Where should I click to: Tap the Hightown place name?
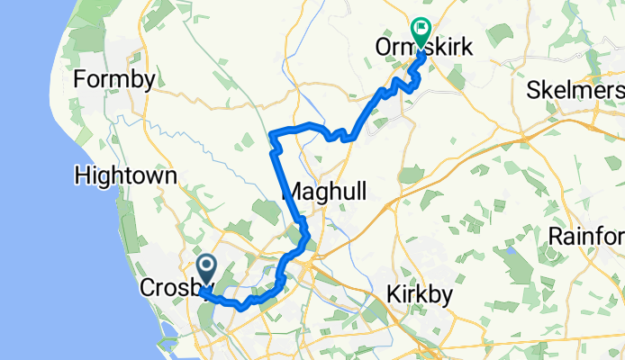[x=125, y=175]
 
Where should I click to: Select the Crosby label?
[x=175, y=288]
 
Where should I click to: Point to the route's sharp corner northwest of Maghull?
[x=271, y=135]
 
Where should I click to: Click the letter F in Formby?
[x=79, y=78]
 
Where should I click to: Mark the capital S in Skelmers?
[x=535, y=92]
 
